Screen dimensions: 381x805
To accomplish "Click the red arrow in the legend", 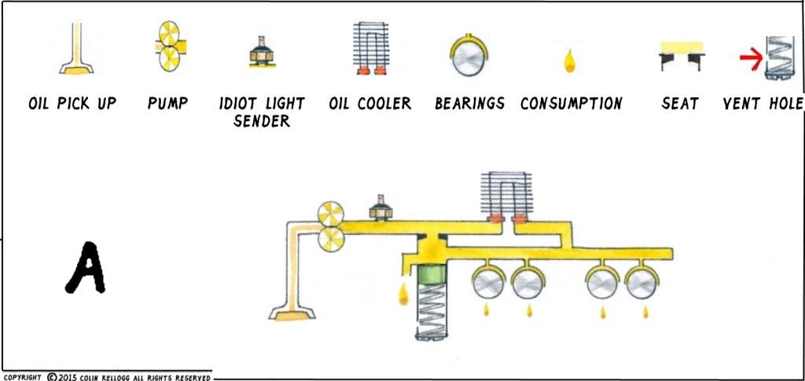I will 750,57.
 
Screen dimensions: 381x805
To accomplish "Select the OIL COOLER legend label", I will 370,103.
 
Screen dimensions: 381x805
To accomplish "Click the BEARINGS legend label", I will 469,103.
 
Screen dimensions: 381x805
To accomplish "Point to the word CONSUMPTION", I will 572,103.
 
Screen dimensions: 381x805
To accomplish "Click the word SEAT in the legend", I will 680,103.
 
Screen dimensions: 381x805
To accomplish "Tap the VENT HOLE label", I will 763,103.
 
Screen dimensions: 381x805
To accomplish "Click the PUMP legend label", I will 167,103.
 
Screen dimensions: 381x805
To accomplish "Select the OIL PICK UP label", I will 72,103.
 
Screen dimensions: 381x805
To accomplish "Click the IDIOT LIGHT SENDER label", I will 262,112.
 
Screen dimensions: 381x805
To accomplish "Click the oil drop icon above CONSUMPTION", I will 569,60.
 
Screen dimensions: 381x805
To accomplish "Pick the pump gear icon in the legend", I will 167,47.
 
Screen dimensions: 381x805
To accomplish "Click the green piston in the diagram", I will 431,275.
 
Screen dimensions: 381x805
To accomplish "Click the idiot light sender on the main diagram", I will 381,207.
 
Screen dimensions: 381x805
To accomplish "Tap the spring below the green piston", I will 432,310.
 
